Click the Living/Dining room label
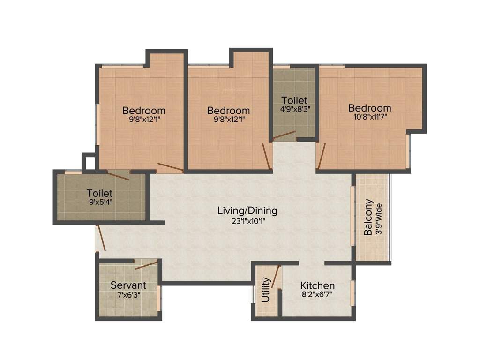pos(247,210)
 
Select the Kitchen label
pos(317,285)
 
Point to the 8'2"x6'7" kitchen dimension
pos(317,295)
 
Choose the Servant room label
pos(128,285)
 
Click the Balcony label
pos(369,217)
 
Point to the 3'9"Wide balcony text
pos(379,218)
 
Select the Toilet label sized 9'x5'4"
pos(99,193)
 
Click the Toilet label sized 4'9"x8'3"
pos(294,100)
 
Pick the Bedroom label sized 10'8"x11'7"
pos(369,108)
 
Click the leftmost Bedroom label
pos(143,111)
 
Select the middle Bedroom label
pos(228,111)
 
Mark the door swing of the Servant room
pos(146,265)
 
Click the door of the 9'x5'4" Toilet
pos(118,175)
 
